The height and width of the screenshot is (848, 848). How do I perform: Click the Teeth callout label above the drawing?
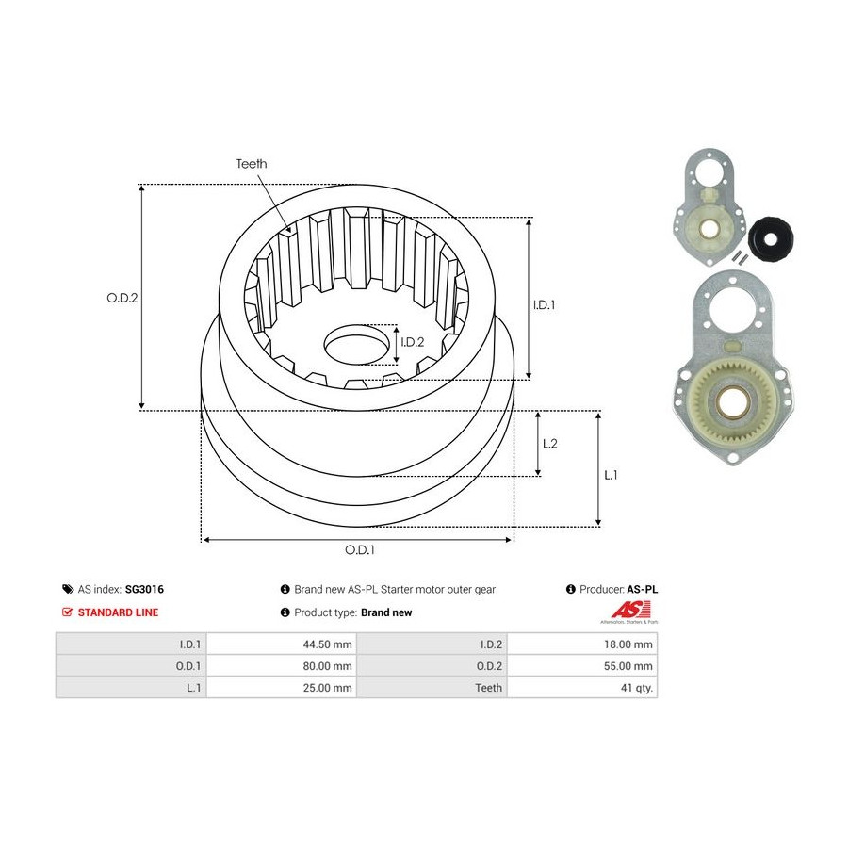(x=252, y=163)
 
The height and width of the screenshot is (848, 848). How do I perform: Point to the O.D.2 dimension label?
(x=122, y=298)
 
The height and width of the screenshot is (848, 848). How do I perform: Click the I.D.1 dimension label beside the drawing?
(x=544, y=305)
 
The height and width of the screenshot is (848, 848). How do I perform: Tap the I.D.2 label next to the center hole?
(x=412, y=342)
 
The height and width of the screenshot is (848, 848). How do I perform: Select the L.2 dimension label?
(x=550, y=444)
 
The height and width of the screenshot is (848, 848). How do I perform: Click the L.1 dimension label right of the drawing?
(x=611, y=475)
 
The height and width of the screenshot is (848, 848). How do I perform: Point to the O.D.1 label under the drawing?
(x=360, y=550)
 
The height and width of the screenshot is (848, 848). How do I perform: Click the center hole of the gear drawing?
(x=357, y=344)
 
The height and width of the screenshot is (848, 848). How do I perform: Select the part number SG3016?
(x=144, y=589)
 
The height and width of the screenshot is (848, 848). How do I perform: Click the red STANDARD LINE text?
(x=118, y=612)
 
